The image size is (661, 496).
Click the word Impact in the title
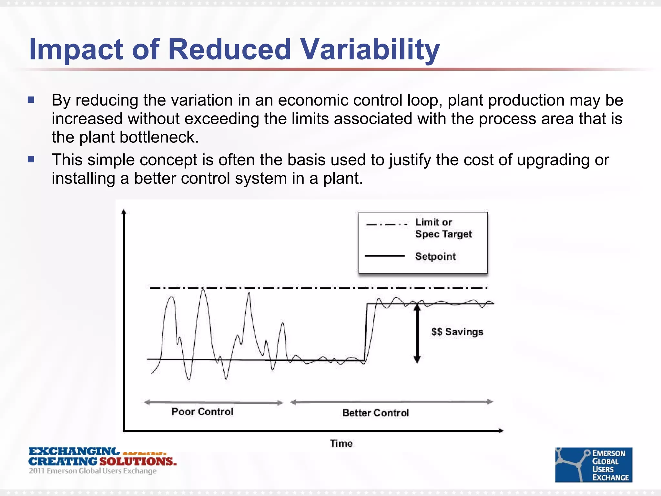point(76,49)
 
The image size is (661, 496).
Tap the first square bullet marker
point(31,100)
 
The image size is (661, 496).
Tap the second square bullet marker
point(31,159)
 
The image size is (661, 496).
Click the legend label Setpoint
point(435,256)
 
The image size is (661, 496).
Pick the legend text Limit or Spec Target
point(443,228)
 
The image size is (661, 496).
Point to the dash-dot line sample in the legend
point(386,224)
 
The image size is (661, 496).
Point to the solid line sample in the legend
point(384,256)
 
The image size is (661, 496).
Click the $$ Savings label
point(457,332)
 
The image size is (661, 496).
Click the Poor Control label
point(202,412)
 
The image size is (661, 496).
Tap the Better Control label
point(375,413)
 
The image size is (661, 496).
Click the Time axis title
point(341,443)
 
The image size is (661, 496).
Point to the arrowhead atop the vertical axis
point(124,212)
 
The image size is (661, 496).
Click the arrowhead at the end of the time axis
point(501,430)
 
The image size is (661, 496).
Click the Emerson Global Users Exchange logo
point(593,465)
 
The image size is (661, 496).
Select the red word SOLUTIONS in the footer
point(138,461)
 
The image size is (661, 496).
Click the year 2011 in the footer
point(36,471)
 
